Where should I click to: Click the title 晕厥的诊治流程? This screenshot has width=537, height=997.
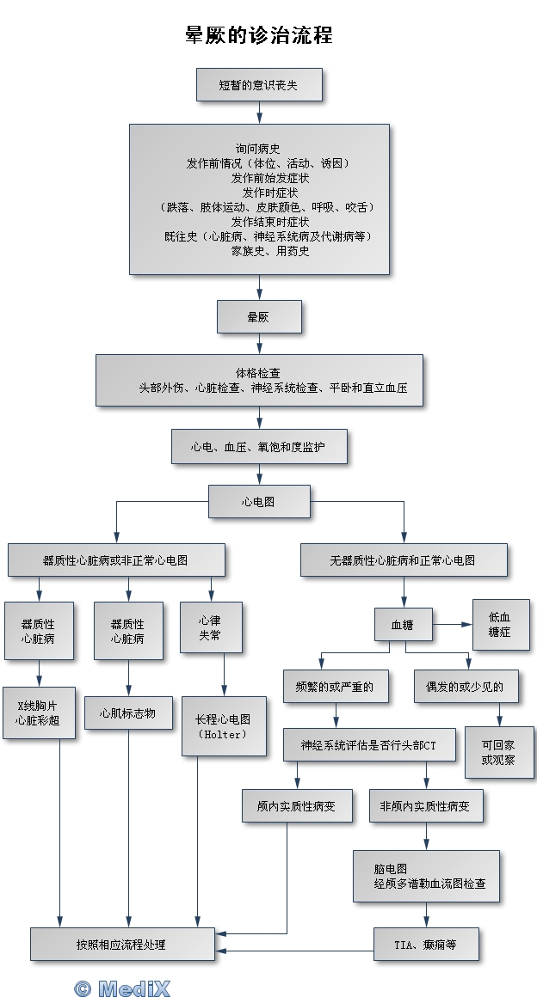click(x=259, y=35)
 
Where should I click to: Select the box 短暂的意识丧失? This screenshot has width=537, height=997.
click(x=258, y=85)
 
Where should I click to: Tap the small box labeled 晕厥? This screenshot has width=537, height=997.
click(x=258, y=317)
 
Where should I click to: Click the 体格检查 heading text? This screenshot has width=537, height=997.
click(x=258, y=373)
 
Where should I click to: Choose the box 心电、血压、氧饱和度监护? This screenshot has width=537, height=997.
click(x=258, y=447)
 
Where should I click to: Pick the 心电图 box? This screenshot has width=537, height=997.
click(x=258, y=501)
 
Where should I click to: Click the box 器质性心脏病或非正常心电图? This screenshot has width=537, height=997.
click(x=116, y=560)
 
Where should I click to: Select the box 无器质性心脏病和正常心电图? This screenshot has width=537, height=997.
click(x=403, y=560)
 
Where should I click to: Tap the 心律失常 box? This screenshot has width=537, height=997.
click(x=211, y=627)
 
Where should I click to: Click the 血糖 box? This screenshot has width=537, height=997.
click(x=403, y=625)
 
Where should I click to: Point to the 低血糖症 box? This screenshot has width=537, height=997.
click(x=501, y=625)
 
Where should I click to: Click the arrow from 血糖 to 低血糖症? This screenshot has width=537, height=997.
click(x=453, y=625)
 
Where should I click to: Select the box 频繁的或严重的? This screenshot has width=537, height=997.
click(x=335, y=687)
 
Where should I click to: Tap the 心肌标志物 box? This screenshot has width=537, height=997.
click(x=128, y=713)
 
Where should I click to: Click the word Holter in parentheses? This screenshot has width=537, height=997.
click(x=223, y=735)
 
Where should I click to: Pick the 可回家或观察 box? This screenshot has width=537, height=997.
click(x=499, y=752)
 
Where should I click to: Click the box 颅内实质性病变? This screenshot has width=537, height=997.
click(x=296, y=806)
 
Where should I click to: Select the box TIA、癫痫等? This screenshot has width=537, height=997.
click(x=425, y=945)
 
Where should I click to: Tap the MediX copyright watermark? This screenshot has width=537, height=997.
click(x=122, y=988)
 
